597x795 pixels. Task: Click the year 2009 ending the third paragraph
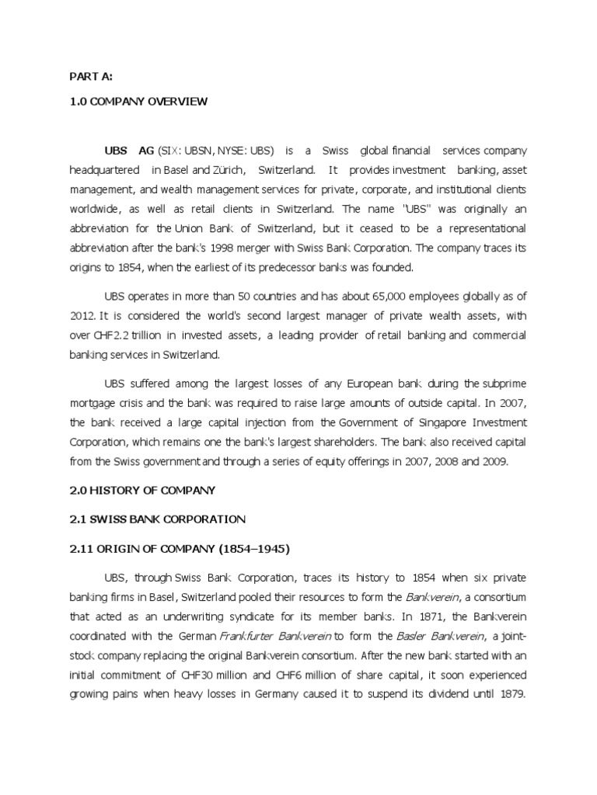pyautogui.click(x=491, y=461)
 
